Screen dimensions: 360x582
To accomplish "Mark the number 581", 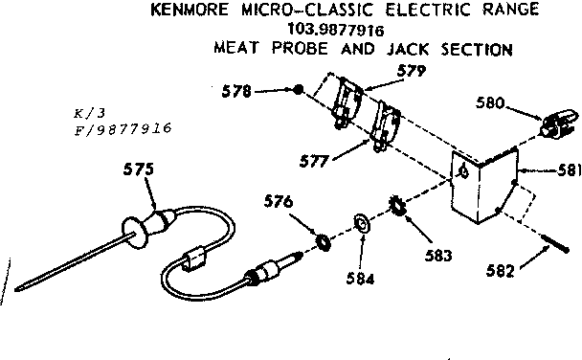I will pyautogui.click(x=567, y=172).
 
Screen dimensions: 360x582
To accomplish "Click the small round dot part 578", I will pyautogui.click(x=299, y=90).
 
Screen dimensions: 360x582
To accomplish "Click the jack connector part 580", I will pyautogui.click(x=557, y=122).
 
